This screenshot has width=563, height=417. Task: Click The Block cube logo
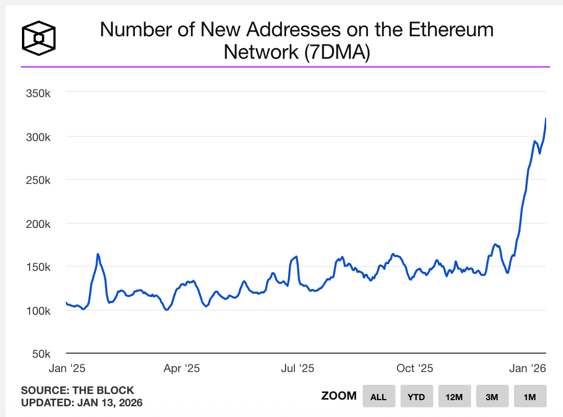point(38,38)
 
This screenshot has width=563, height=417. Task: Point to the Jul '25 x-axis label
point(297,368)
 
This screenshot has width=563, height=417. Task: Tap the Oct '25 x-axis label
point(415,368)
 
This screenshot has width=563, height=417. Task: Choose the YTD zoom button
point(416,397)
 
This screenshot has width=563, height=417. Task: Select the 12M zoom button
point(454,397)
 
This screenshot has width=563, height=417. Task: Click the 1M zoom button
point(530,397)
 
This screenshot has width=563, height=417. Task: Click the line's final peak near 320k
point(546,119)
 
